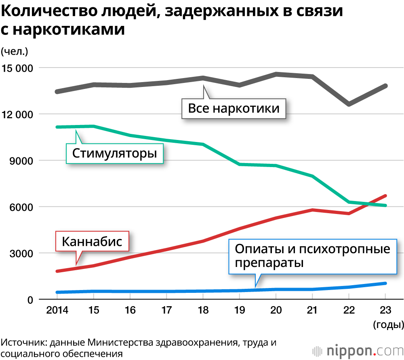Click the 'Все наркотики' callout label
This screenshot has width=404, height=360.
coord(234,108)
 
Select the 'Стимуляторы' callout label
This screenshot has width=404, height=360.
coord(114,154)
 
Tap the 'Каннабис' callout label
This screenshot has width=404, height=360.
coord(92,242)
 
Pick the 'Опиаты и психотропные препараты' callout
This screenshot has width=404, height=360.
coord(312,256)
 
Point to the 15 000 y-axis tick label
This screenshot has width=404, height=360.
coord(17,68)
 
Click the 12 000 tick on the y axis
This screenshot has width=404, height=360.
coord(17,114)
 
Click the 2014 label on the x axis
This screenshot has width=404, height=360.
coord(57,311)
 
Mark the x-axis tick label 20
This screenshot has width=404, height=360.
coord(276,311)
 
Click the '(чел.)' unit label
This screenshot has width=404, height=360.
coord(14,51)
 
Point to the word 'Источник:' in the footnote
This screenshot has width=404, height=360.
coord(22,343)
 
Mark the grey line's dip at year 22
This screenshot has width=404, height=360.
coord(348,104)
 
